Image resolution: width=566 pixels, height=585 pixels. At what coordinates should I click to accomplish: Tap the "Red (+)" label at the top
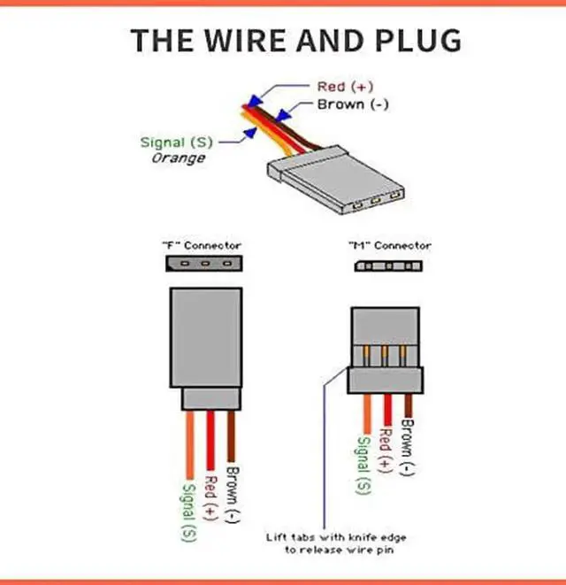click(346, 87)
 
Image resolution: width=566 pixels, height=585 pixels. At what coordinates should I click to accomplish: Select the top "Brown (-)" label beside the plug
click(352, 104)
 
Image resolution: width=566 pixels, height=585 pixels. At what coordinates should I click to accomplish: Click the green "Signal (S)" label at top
click(175, 142)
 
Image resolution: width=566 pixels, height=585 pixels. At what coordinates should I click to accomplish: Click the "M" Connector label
click(390, 245)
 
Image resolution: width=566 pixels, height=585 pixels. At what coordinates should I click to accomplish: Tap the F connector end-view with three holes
click(203, 263)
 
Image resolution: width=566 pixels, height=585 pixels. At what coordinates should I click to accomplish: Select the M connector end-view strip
click(391, 265)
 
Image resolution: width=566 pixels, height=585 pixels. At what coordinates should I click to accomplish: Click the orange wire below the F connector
click(189, 443)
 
